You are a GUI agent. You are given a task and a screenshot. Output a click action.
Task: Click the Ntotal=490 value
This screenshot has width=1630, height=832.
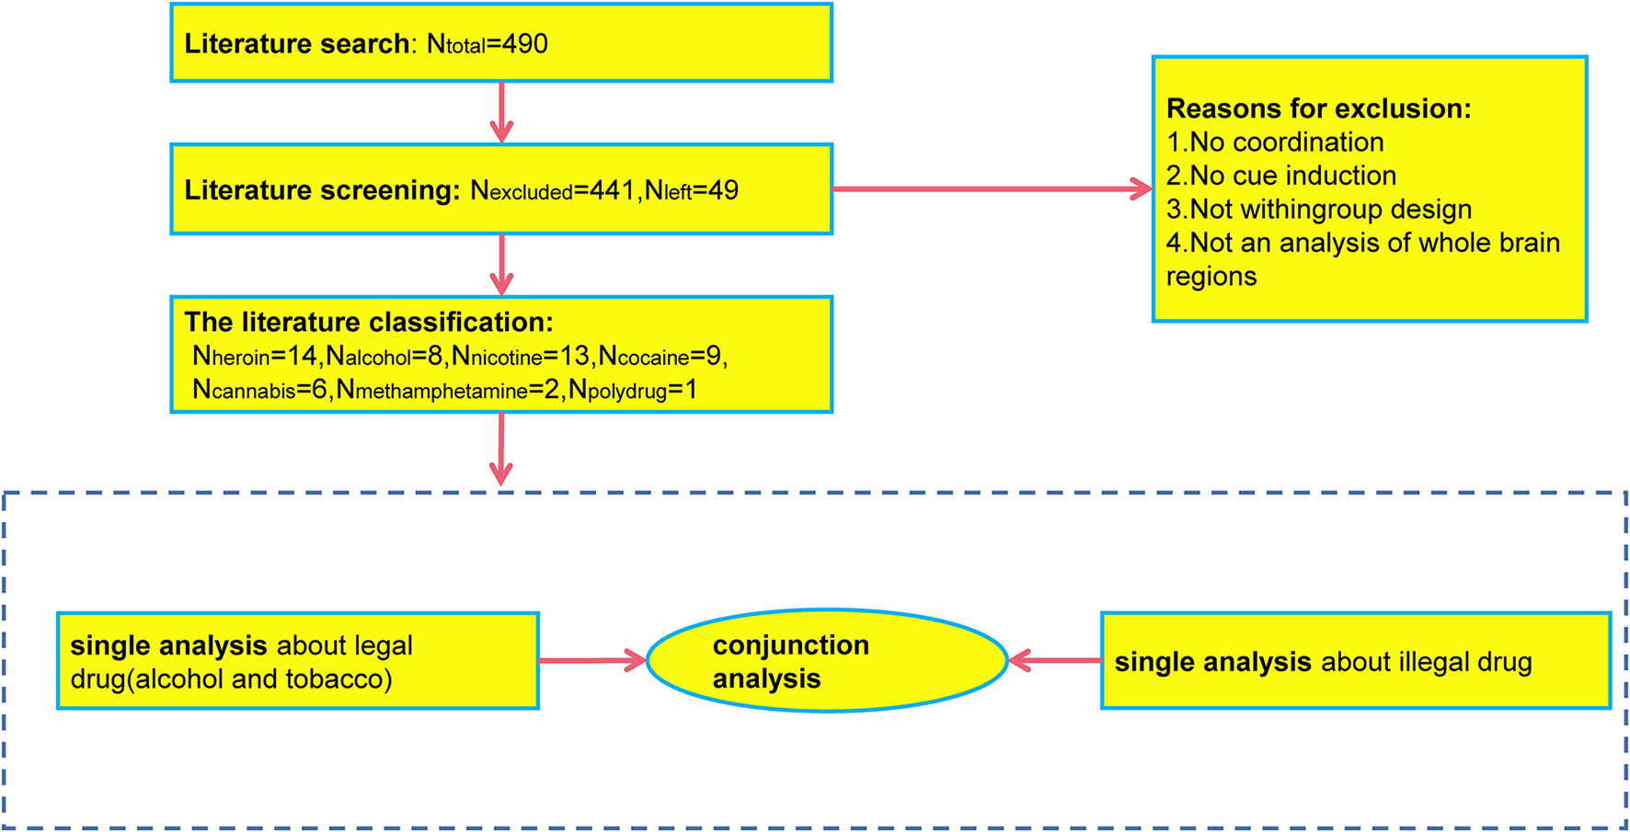click(x=488, y=44)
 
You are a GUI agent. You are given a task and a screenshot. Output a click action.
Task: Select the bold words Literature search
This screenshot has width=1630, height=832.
click(x=296, y=44)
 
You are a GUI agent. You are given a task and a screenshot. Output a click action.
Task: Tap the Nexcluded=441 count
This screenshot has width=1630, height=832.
click(x=552, y=190)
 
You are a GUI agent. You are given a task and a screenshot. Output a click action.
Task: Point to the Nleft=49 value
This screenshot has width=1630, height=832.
click(x=691, y=190)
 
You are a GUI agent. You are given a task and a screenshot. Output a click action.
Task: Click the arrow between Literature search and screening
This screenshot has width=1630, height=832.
click(x=501, y=112)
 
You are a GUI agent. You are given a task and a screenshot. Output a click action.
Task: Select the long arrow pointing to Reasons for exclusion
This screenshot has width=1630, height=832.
click(x=992, y=189)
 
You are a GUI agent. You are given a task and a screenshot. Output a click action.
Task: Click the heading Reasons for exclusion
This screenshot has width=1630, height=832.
click(x=1318, y=108)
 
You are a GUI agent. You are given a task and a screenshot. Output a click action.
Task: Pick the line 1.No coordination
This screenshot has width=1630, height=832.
click(x=1275, y=142)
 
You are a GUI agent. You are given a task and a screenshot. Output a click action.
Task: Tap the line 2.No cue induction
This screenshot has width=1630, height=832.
click(x=1280, y=176)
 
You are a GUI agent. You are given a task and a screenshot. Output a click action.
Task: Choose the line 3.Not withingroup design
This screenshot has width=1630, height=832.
click(x=1318, y=210)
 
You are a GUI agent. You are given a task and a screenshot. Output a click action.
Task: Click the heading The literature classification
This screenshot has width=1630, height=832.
click(x=369, y=322)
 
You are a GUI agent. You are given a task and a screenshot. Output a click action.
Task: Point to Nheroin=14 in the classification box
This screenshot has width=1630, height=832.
click(x=254, y=356)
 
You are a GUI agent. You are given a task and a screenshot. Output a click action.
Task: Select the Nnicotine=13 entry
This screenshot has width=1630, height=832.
click(x=520, y=356)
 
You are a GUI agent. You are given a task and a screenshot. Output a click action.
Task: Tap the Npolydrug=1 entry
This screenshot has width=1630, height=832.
click(x=632, y=390)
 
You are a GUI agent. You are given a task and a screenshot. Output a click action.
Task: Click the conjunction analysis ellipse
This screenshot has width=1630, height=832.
click(x=827, y=661)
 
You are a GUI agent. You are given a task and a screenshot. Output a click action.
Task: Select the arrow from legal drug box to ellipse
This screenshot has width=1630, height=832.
click(x=591, y=660)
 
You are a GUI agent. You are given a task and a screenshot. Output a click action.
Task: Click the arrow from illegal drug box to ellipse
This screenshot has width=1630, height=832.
click(x=1055, y=660)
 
